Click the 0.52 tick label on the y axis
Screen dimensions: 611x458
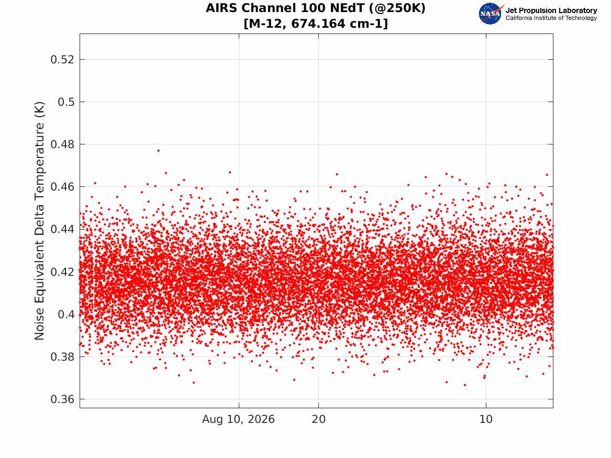[62, 60]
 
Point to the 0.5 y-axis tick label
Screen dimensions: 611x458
[66, 102]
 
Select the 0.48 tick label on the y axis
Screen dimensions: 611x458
[62, 144]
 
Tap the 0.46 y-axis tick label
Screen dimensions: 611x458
[62, 187]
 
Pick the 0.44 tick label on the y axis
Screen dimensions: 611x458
[62, 229]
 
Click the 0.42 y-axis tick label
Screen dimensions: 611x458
[62, 272]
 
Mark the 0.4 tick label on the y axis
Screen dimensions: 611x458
[66, 314]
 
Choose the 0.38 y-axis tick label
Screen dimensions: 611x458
[62, 357]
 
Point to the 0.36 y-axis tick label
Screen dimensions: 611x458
[62, 399]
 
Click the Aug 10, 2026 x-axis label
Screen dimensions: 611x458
[238, 419]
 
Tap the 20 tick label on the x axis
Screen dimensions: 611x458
[319, 419]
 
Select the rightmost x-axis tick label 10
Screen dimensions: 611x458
[486, 419]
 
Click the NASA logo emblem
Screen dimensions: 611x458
[491, 14]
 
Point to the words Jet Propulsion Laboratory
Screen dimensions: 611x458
[551, 10]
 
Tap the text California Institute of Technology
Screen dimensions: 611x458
[551, 18]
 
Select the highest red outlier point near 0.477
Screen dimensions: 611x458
[158, 150]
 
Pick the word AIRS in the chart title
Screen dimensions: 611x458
[221, 8]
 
